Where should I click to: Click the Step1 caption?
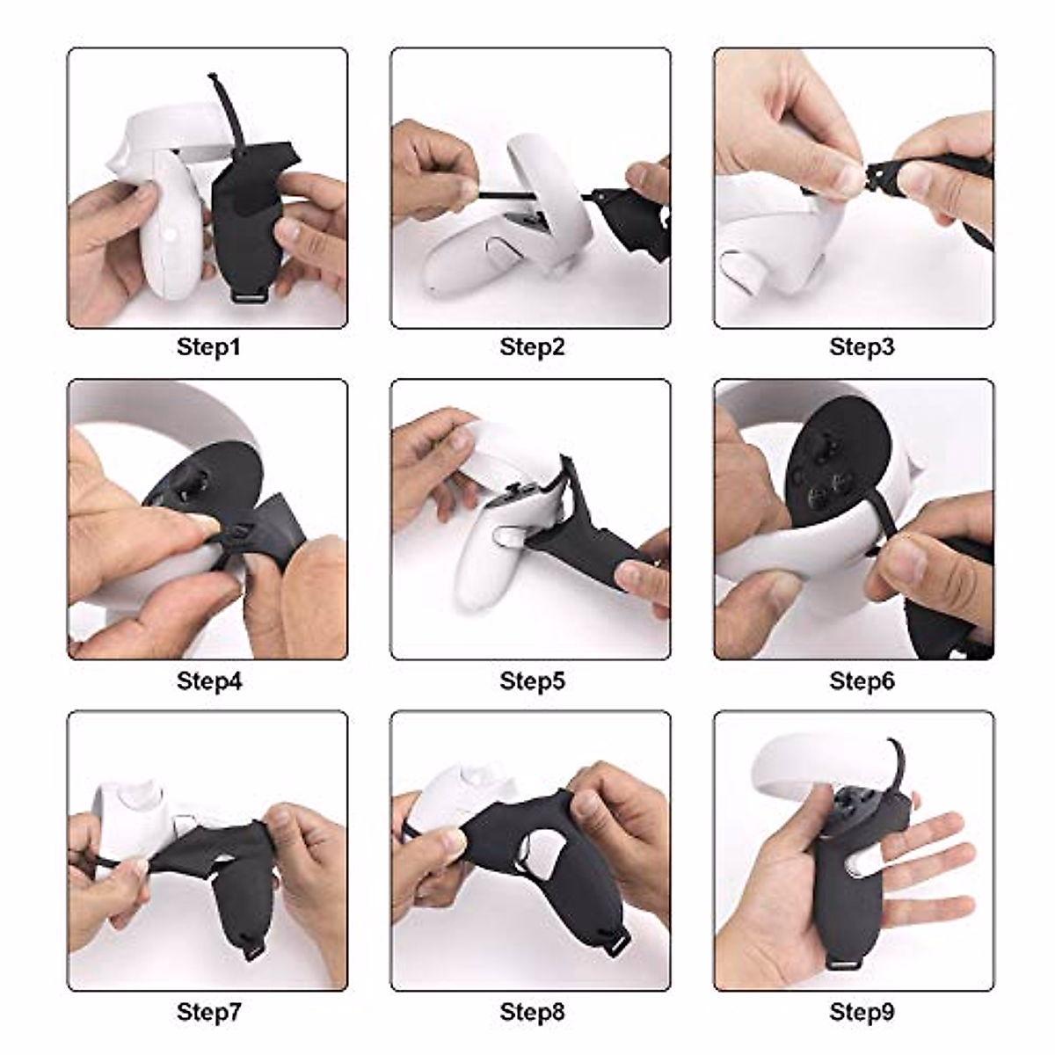tap(208, 346)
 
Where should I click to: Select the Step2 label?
tap(532, 346)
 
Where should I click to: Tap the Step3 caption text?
tap(862, 346)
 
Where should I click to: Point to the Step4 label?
tap(208, 680)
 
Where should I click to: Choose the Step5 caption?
tap(532, 680)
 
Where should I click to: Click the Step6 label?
tap(862, 680)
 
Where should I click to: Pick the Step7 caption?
tap(208, 1012)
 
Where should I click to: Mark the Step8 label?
tap(532, 1012)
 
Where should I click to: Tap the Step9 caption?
tap(862, 1012)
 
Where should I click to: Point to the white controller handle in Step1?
tap(167, 237)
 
